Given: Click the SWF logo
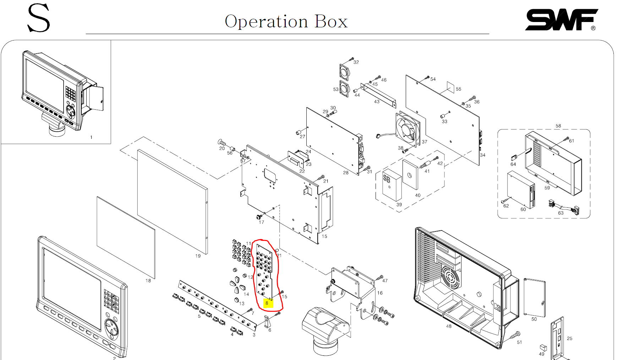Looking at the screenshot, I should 561,20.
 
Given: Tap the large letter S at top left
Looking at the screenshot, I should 39,18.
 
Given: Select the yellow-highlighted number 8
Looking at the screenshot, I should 267,303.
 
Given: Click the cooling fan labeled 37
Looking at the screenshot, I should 408,128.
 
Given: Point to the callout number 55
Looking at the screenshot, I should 458,89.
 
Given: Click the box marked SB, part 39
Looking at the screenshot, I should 392,185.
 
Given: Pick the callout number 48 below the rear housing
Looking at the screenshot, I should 449,326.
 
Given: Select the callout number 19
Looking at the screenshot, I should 198,256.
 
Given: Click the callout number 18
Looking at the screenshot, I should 148,280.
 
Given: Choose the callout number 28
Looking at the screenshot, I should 345,173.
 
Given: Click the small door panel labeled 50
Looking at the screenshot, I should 535,298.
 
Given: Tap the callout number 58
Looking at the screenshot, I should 558,126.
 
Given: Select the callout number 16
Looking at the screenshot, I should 380,293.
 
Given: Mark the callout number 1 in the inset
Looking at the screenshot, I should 91,137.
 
